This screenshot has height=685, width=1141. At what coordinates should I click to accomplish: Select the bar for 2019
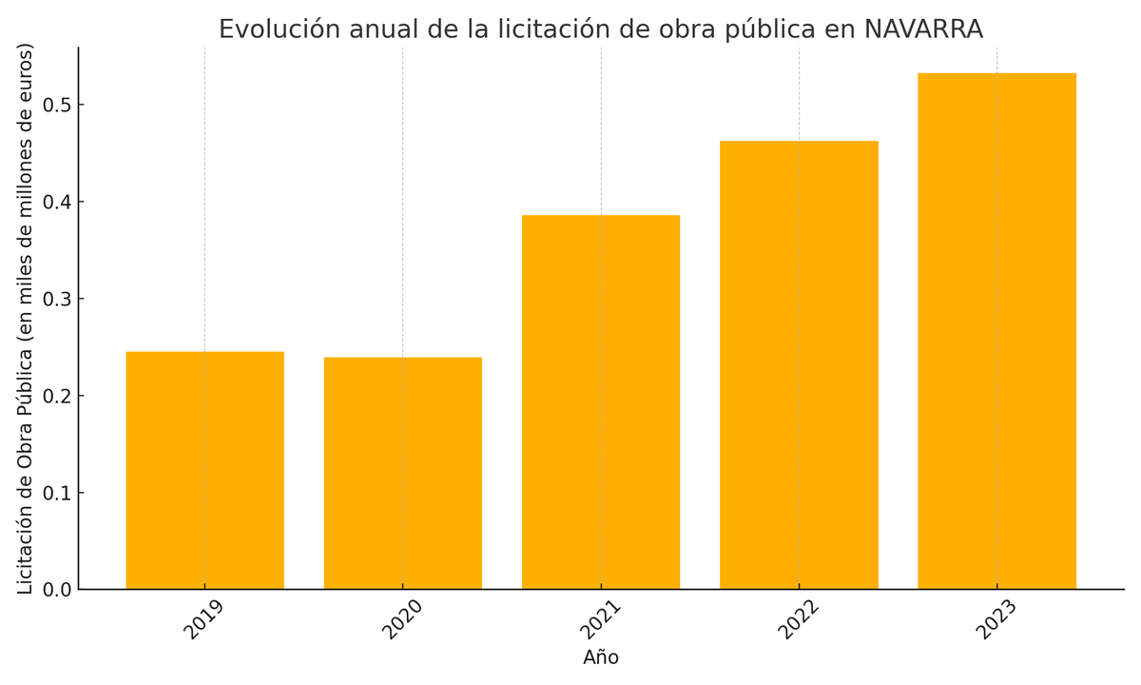pos(204,470)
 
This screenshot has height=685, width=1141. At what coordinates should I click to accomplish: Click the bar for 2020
pos(402,473)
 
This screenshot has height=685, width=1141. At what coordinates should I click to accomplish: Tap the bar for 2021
pos(601,401)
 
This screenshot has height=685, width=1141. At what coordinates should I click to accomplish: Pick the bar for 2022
pos(799,364)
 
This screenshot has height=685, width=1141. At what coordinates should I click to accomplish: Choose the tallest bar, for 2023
pos(996,331)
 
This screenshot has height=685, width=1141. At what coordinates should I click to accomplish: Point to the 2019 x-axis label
pos(203,619)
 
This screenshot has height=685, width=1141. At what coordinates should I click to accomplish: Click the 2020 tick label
pos(401,619)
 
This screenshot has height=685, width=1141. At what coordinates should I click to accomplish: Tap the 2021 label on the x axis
pos(600,619)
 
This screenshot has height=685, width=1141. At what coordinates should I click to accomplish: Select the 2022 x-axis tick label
pos(798,619)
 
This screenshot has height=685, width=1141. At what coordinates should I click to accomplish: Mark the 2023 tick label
pos(996,619)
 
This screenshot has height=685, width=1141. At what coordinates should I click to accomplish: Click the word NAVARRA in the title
pos(923,29)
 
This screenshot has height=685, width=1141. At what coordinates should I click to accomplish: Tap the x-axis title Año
pos(601,658)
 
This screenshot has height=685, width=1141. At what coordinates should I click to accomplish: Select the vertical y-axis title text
pos(26,319)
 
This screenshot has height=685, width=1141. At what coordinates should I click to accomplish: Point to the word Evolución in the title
pos(279,29)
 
